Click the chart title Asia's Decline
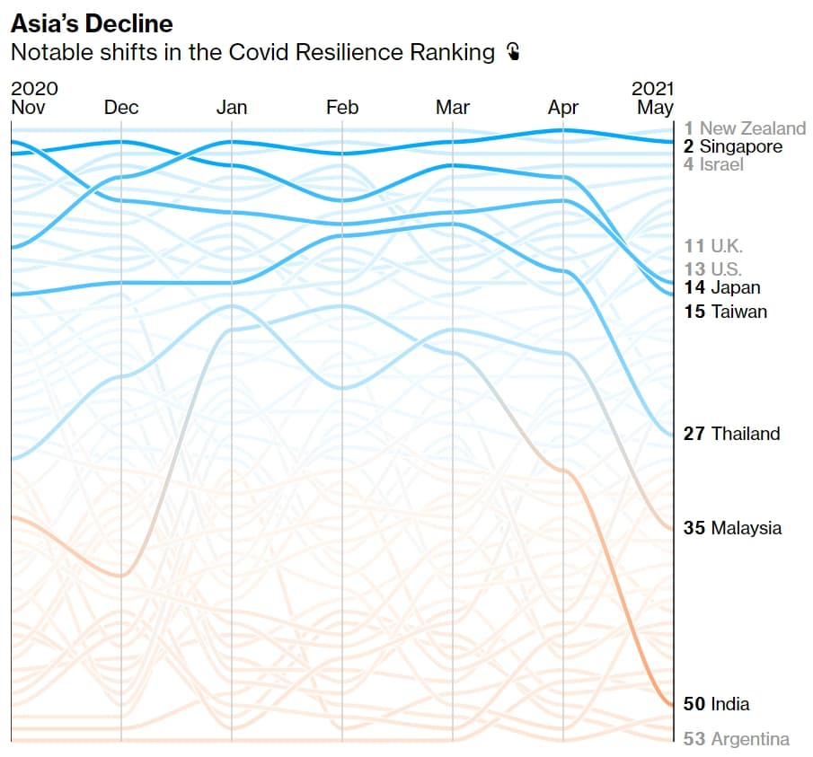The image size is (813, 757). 92,24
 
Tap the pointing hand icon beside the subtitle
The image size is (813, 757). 513,52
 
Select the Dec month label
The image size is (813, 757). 121,107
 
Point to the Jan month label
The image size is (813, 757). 232,107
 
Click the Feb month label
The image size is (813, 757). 342,107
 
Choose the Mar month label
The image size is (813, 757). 453,107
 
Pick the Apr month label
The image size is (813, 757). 563,108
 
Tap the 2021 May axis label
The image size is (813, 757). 652,98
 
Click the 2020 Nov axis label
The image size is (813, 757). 34,98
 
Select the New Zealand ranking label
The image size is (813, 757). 745,128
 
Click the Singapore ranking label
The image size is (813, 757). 733,146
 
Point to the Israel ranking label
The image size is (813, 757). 713,164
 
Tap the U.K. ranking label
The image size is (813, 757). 713,246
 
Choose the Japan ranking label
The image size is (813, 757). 722,287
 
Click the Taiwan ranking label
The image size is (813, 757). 725,312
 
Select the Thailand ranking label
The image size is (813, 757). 731,433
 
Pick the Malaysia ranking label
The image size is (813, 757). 733,528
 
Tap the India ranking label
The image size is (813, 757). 717,704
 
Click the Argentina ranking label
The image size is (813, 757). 737,739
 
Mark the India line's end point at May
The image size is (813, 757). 672,705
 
